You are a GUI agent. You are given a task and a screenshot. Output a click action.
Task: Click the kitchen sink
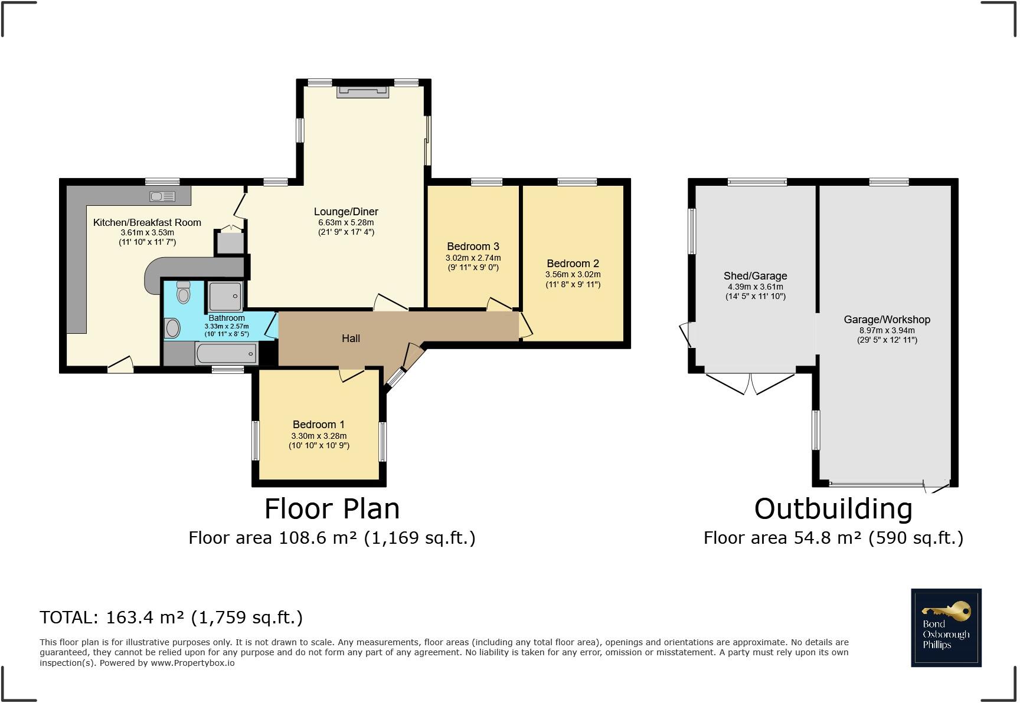coord(162,196)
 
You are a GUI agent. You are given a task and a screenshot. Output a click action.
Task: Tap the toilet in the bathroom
coord(184,293)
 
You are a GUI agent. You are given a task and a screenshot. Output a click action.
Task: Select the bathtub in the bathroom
coord(227,354)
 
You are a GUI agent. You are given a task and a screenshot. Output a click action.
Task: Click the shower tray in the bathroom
coord(225,295)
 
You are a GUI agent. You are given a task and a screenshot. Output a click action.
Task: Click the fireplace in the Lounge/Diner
coord(362,91)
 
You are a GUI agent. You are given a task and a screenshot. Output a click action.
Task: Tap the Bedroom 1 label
coord(319,425)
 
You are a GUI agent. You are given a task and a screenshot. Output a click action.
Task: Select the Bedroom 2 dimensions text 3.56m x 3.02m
coord(573,274)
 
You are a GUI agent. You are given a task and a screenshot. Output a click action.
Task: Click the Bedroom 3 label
coord(473,247)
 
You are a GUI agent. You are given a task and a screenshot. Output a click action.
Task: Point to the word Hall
coord(351,339)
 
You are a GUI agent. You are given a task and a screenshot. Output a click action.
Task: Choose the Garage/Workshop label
coord(887,320)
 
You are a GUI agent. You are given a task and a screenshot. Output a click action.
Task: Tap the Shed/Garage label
coord(756,276)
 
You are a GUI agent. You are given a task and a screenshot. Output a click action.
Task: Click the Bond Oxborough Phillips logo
coord(946,628)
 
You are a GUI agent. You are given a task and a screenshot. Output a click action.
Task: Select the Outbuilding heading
coord(833,509)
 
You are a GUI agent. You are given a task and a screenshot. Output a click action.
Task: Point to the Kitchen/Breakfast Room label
coord(147,222)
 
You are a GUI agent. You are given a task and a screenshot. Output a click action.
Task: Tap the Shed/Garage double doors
coord(750,383)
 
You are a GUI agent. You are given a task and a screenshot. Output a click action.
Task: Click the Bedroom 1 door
coord(352,375)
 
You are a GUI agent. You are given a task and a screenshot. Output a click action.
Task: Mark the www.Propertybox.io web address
coord(192,663)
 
